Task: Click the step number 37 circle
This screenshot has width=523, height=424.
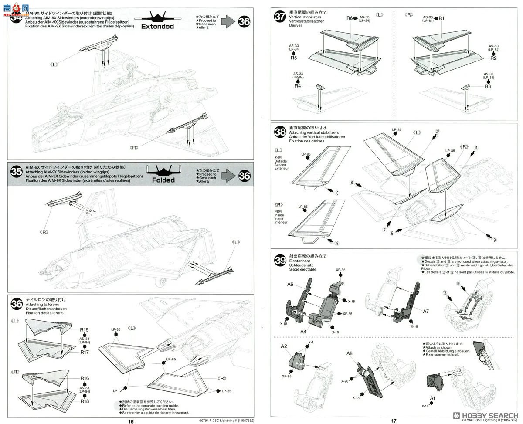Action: coord(280,17)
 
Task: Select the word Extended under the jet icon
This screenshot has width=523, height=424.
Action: coord(157,27)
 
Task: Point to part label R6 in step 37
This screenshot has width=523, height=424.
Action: coord(350,18)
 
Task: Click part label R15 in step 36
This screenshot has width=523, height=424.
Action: coord(85,330)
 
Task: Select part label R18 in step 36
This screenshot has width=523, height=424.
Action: coord(85,401)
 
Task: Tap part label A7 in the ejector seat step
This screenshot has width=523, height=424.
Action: coord(426,311)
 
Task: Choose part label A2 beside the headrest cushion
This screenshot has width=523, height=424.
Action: coord(284,346)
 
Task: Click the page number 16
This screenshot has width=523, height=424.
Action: coord(131,421)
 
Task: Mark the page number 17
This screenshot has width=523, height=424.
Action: coord(394,421)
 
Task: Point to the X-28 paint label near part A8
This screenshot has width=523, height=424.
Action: coord(345,381)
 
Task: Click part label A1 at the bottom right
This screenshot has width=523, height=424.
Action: coord(432,398)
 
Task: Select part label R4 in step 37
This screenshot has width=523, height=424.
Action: coord(298,86)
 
